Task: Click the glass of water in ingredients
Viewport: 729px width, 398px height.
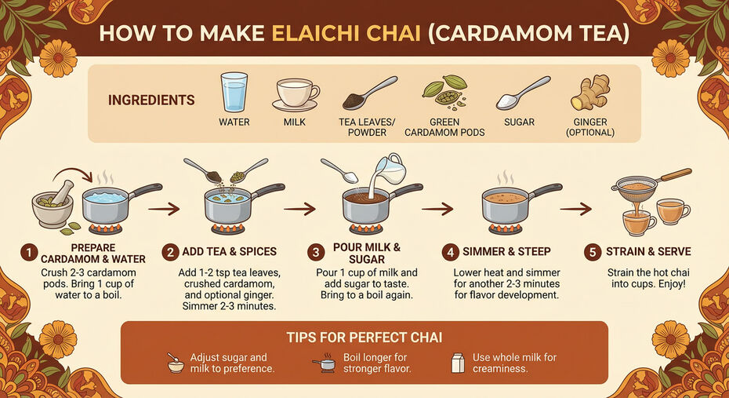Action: [234, 93]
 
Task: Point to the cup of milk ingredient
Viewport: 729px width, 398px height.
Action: [295, 94]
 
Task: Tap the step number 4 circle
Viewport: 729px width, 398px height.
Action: [450, 252]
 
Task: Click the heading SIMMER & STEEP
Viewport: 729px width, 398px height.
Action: [506, 252]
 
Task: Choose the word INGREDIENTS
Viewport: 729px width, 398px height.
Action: [151, 100]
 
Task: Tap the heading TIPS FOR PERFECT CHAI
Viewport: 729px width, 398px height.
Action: [364, 338]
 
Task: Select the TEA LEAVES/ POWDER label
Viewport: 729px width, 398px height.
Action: [368, 127]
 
